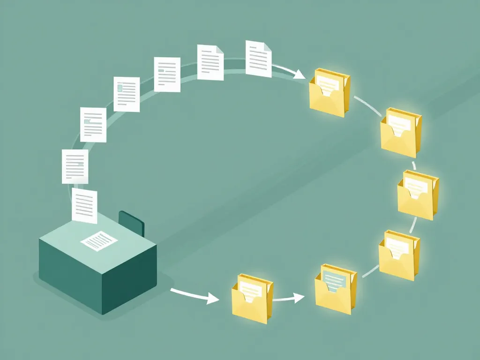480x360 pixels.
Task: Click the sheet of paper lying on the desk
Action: (x=99, y=240)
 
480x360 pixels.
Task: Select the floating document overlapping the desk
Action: (x=84, y=205)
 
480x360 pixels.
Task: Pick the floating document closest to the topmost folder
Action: (x=258, y=59)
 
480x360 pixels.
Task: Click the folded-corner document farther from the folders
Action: (x=210, y=62)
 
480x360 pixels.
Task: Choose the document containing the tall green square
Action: (x=126, y=94)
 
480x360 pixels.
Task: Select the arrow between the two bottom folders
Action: (x=288, y=298)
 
